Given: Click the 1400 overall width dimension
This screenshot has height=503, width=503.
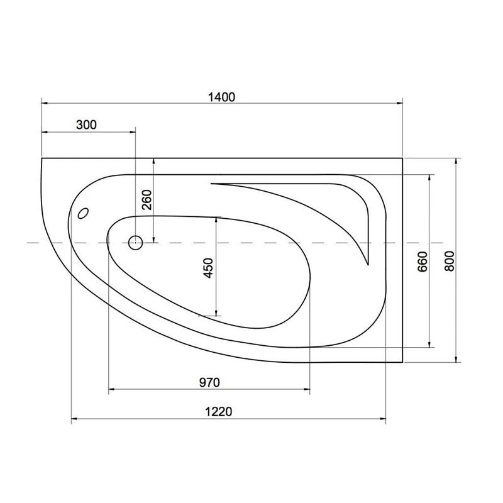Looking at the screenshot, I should [x=221, y=96].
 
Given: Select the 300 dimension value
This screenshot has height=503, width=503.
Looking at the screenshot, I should [x=86, y=124].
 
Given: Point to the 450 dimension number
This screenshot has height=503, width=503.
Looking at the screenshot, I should [x=209, y=267].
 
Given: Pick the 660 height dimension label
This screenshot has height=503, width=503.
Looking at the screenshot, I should [x=423, y=261].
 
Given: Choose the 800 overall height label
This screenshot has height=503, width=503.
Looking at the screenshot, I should [x=449, y=260].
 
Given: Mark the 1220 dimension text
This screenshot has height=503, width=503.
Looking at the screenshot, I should [x=219, y=412].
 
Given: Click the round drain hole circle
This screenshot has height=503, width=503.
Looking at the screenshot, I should [x=135, y=242].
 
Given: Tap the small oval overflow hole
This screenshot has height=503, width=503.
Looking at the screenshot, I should [x=83, y=214].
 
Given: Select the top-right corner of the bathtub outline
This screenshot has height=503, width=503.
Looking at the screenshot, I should [x=402, y=158].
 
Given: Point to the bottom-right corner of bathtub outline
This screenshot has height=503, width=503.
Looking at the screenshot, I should [x=402, y=363].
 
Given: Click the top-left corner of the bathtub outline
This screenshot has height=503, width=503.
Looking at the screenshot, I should [x=41, y=158].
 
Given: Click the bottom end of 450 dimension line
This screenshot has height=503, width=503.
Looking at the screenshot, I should [x=216, y=316].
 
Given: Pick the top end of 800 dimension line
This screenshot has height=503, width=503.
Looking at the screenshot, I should [x=456, y=158].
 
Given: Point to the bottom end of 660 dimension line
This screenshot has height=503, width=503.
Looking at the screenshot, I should [x=429, y=346].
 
